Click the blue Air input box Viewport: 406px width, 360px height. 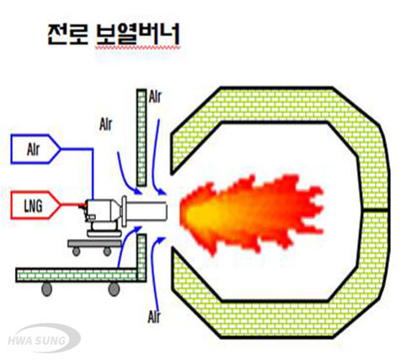point(35,149)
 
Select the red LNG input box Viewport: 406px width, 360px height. point(35,205)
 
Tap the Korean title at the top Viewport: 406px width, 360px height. point(114,35)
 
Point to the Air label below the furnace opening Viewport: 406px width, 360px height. point(154,317)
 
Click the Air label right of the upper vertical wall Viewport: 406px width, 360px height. point(155,97)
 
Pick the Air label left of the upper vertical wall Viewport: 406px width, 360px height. point(106,124)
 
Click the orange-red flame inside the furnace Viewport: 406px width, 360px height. point(250,213)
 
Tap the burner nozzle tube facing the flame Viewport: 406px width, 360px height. point(147,211)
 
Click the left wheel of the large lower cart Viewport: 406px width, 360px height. point(47,289)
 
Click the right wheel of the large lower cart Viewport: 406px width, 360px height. point(114,289)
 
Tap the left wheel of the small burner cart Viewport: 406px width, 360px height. point(76,251)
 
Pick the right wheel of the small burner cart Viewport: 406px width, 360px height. point(107,251)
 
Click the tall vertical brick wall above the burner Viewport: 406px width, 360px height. point(142,137)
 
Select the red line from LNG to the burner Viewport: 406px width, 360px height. point(72,205)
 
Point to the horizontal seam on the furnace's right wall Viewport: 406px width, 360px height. point(374,210)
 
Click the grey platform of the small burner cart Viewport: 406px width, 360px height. point(95,244)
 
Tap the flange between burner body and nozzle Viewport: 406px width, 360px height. point(124,211)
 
